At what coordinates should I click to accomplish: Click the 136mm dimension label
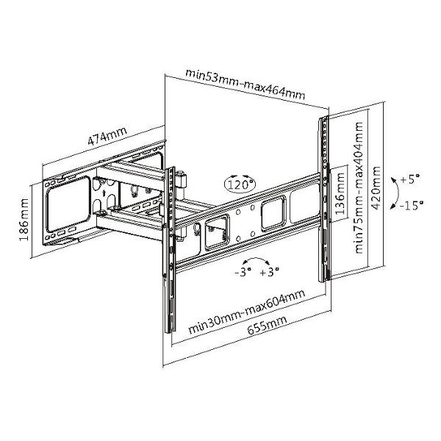tap(340, 193)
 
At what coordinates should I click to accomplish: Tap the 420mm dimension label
tap(378, 188)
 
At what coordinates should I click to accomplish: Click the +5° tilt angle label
tap(409, 179)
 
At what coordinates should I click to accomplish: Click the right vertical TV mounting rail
tap(323, 198)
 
